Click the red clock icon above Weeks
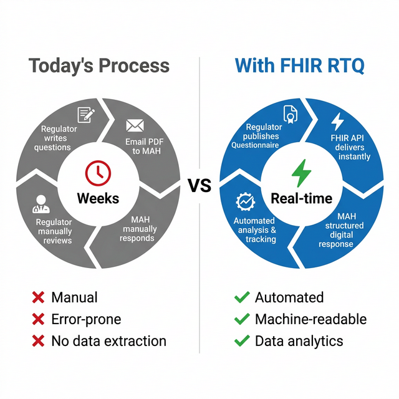pos(97,173)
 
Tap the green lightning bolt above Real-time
pos(302,173)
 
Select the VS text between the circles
pos(199,185)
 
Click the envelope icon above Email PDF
pos(135,125)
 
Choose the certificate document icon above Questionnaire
pos(291,113)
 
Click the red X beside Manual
pos(38,297)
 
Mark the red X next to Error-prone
pos(38,319)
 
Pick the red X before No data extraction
pos(38,341)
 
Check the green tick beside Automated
pos(241,297)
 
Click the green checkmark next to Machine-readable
pos(241,319)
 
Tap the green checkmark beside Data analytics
pos(241,341)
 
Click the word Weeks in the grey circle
pos(98,198)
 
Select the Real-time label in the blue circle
pos(302,198)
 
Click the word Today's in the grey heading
pos(59,65)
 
